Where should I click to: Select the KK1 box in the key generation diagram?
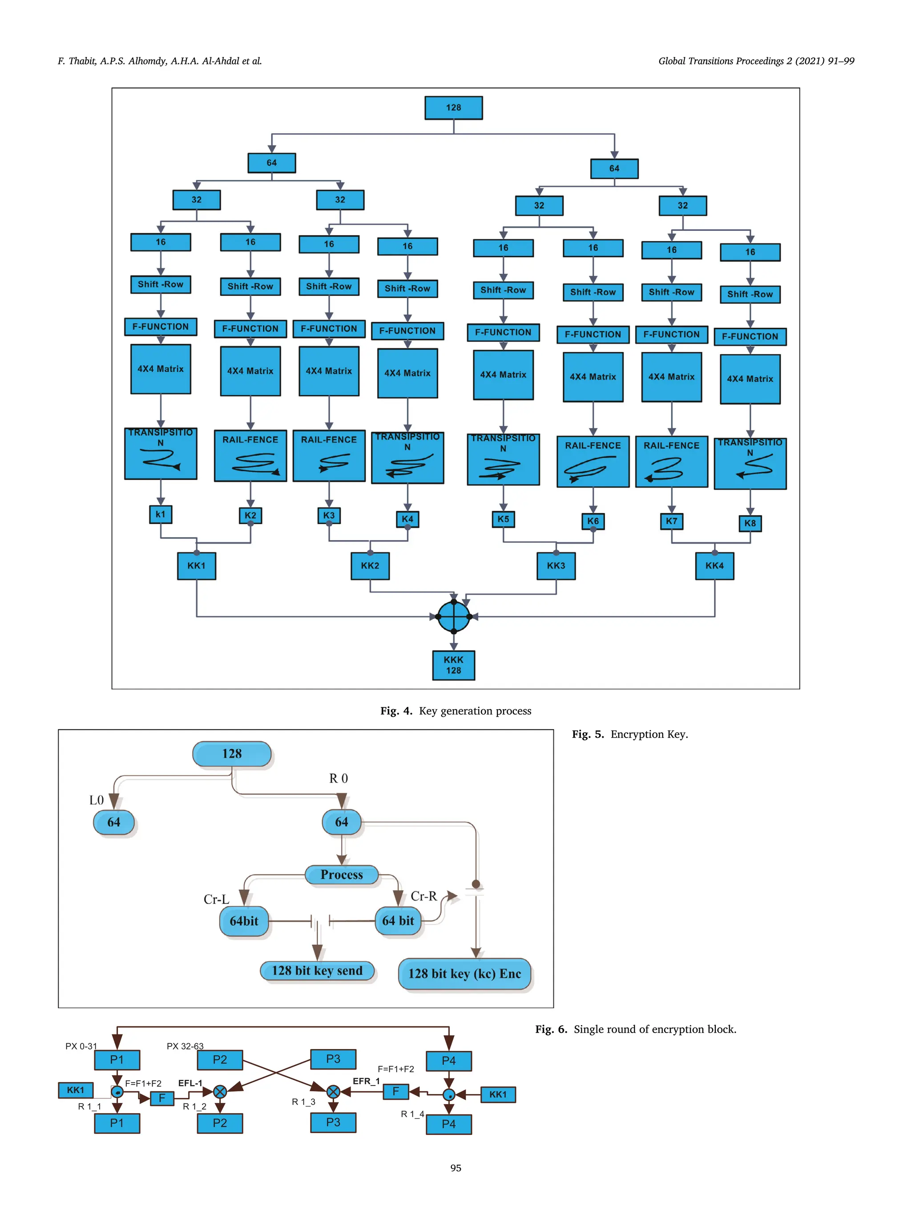[x=196, y=566]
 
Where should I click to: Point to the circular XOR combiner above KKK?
[x=454, y=616]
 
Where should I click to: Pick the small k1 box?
[x=160, y=515]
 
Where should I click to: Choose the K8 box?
[x=750, y=524]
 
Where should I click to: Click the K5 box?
[x=503, y=519]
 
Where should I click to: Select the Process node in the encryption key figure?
[x=342, y=875]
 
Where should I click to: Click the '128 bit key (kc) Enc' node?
[x=464, y=974]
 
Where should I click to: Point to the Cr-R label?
[x=423, y=896]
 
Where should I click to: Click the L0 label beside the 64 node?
[x=96, y=800]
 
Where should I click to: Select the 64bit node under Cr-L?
[x=244, y=921]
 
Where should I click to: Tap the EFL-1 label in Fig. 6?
[x=190, y=1083]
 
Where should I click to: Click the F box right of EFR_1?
[x=395, y=1091]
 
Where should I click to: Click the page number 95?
[x=455, y=1168]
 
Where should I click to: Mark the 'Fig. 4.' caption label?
[x=396, y=711]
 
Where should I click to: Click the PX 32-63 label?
[x=185, y=1046]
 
